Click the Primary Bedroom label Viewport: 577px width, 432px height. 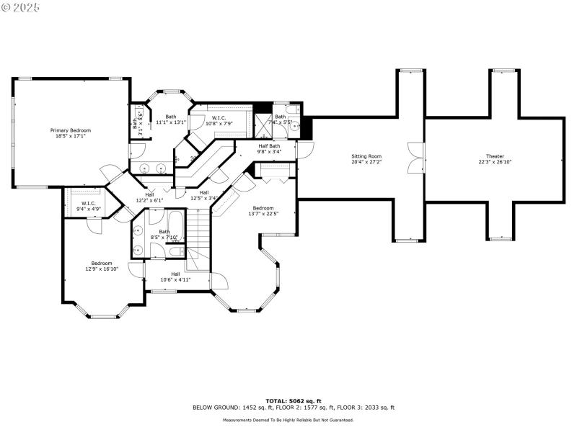(71, 130)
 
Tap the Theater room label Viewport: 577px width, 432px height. (495, 156)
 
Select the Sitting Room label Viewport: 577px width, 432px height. (366, 156)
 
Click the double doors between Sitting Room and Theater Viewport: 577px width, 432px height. (416, 158)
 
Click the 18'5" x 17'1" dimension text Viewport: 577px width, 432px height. (71, 135)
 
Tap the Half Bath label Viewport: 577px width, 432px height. (269, 146)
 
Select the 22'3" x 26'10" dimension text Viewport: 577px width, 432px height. (495, 161)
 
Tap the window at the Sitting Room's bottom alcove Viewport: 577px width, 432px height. (407, 239)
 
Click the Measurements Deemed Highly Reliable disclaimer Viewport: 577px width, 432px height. (288, 420)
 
